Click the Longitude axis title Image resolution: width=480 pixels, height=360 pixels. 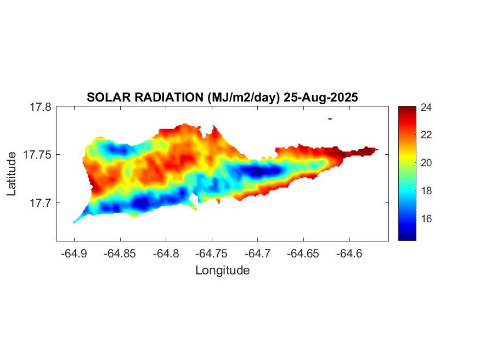(x=222, y=270)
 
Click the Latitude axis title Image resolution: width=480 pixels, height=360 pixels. (x=12, y=174)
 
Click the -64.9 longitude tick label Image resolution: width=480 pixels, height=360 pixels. (x=74, y=254)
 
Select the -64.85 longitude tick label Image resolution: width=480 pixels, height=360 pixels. (x=120, y=254)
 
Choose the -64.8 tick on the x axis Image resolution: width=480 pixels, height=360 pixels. (x=166, y=254)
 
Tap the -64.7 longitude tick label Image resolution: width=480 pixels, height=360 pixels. (x=258, y=254)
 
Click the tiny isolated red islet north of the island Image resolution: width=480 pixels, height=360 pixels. (x=330, y=118)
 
